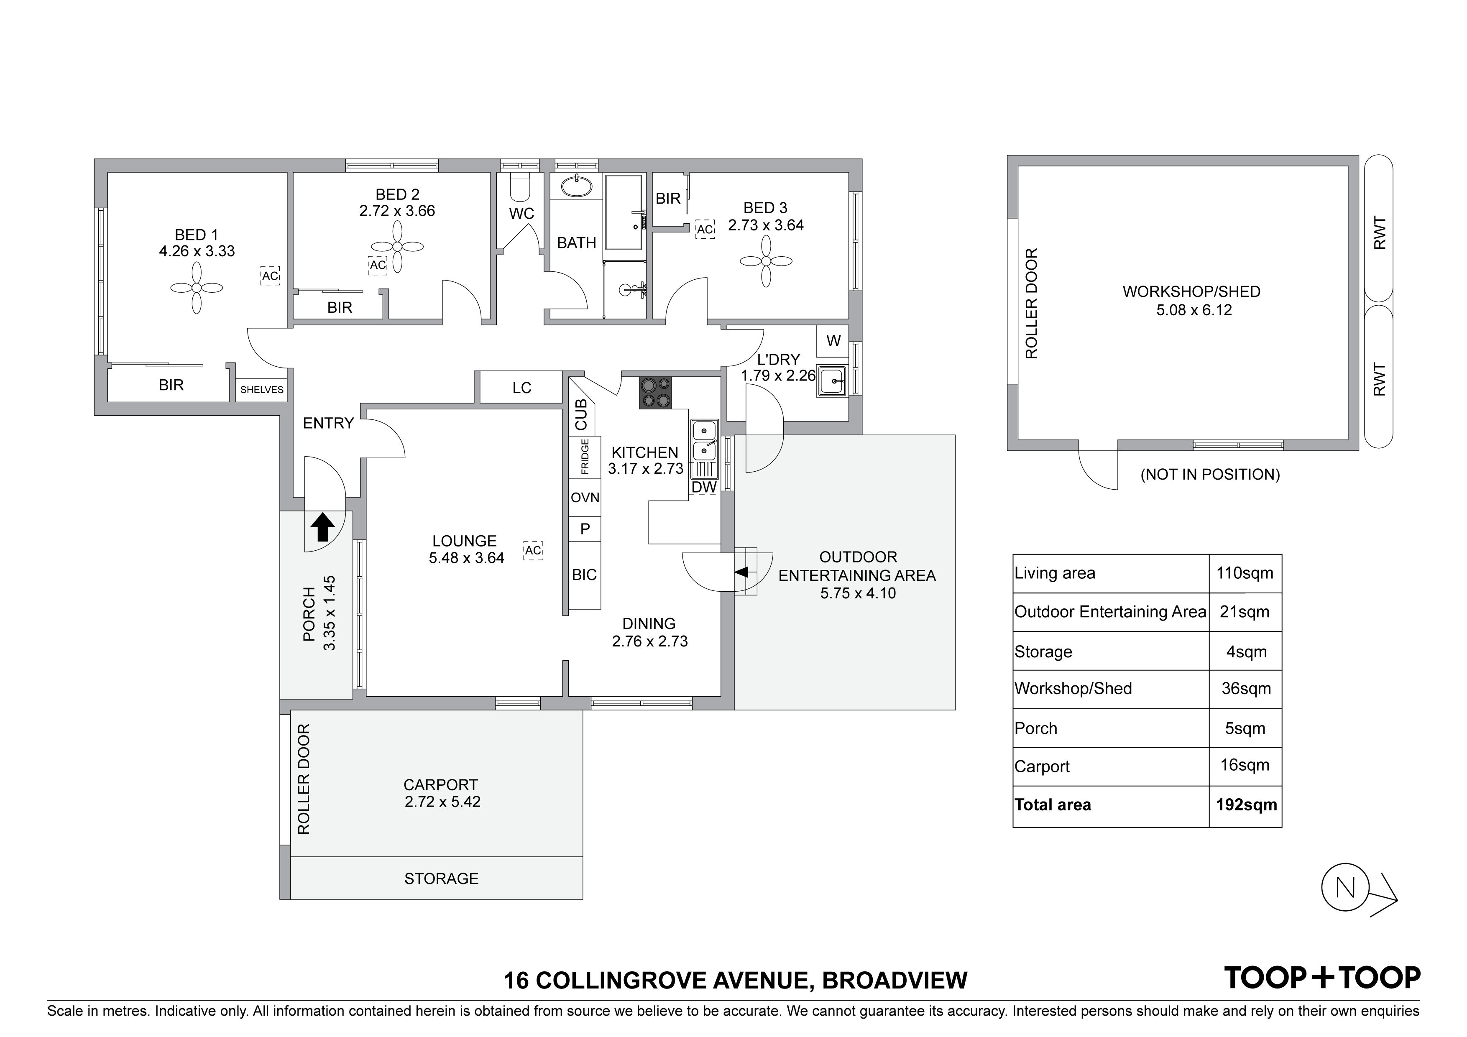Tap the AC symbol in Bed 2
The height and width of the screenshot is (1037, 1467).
coord(378,265)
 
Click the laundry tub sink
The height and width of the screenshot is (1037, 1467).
coord(832,381)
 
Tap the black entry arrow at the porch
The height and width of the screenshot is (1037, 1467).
coord(323,527)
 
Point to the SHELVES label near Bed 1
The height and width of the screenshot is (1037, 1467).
coord(262,390)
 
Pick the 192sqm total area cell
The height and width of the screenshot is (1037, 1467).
coord(1246,805)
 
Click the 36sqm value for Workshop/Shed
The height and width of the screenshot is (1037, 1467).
coord(1246,689)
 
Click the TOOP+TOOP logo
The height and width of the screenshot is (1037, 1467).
coord(1322,978)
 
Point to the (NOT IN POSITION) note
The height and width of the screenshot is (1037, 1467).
coord(1210,474)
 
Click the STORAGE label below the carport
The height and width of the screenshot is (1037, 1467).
coord(441,879)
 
